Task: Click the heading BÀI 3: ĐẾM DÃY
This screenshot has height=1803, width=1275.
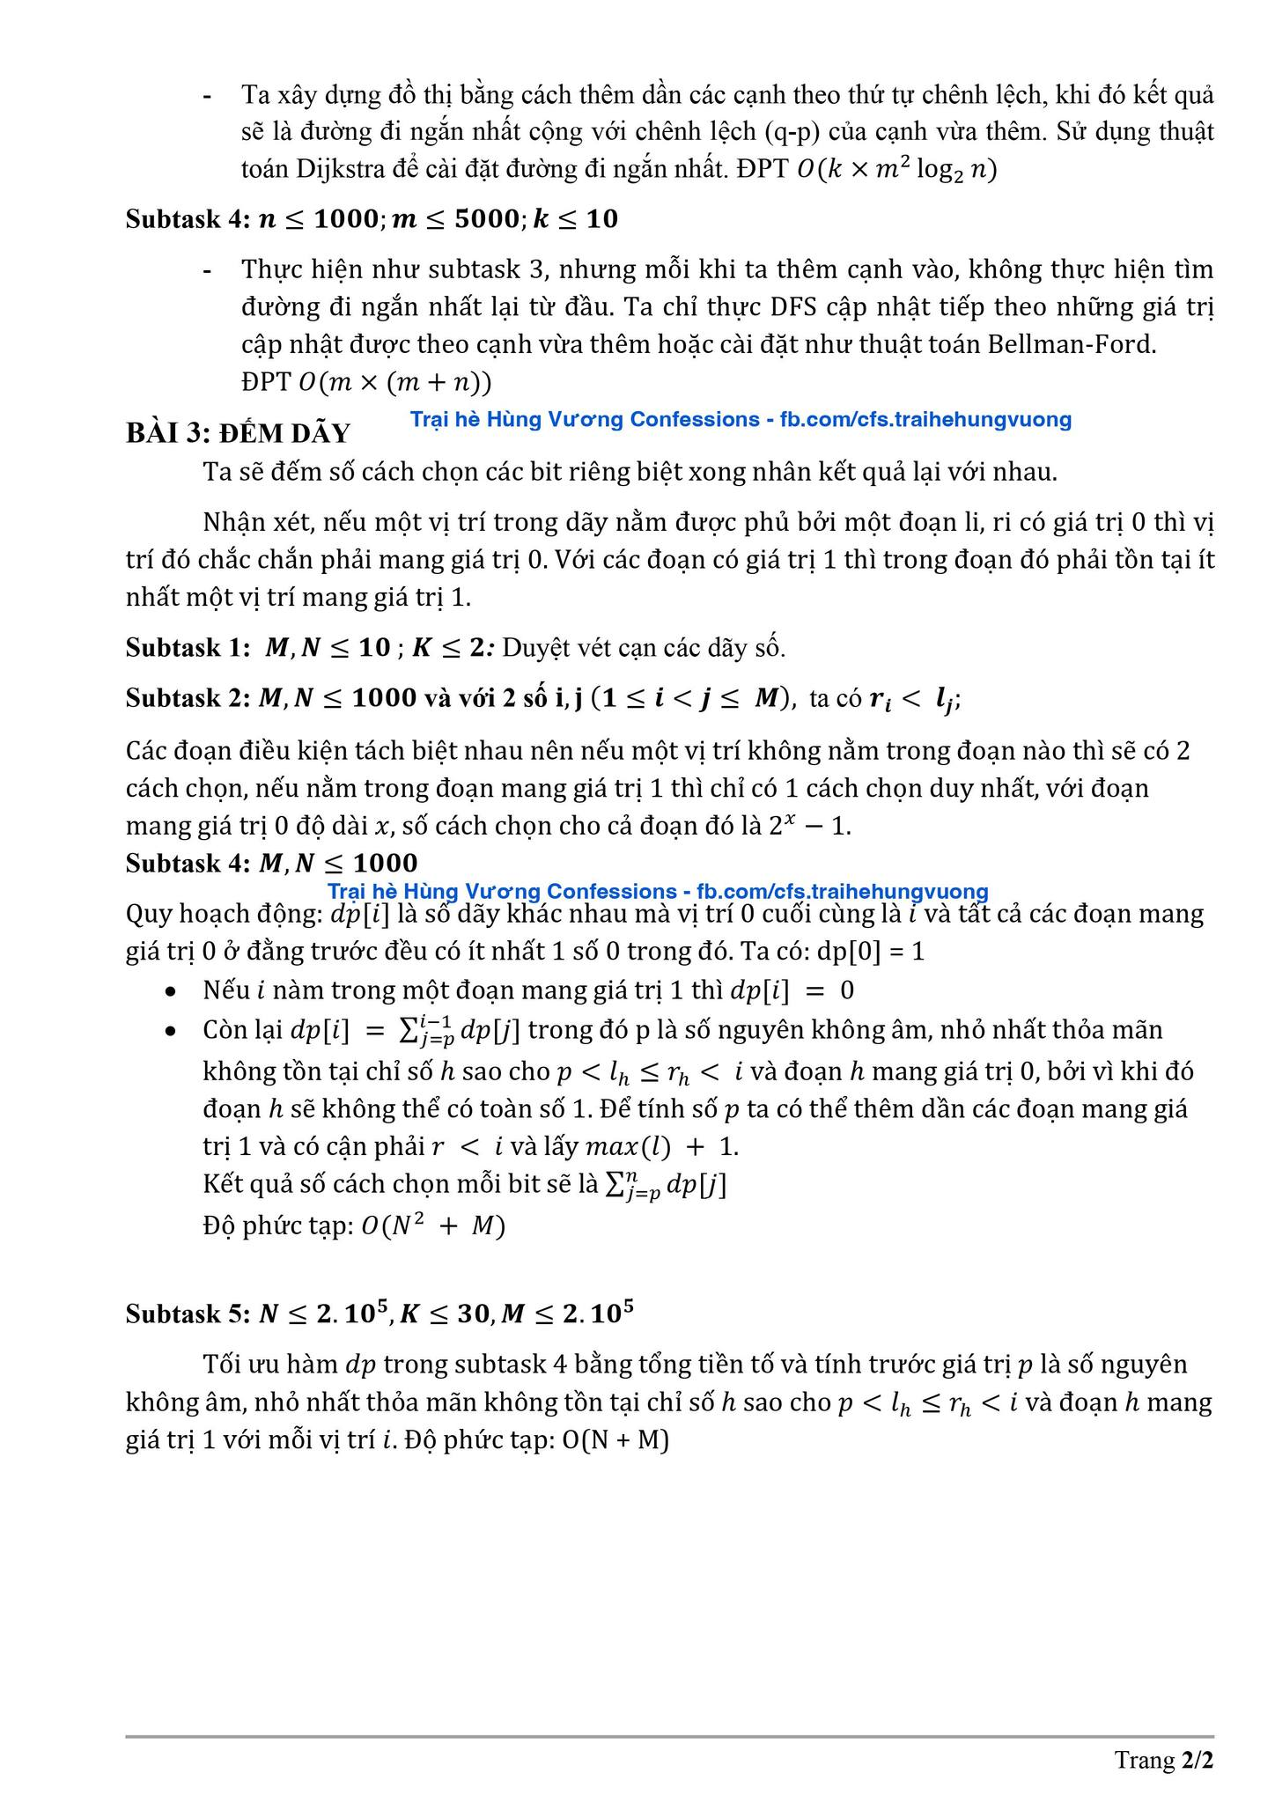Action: coord(238,433)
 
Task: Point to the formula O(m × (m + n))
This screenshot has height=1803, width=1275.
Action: coord(395,383)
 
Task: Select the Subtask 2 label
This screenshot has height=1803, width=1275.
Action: coord(188,698)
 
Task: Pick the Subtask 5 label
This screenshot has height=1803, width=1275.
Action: coord(188,1314)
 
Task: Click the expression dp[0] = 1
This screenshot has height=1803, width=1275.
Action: coord(872,952)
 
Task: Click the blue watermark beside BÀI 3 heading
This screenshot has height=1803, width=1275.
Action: coord(741,419)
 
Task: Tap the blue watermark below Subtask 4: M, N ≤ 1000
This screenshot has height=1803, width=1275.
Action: coord(657,891)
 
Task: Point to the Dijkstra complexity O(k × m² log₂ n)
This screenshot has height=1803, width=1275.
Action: coord(896,169)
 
